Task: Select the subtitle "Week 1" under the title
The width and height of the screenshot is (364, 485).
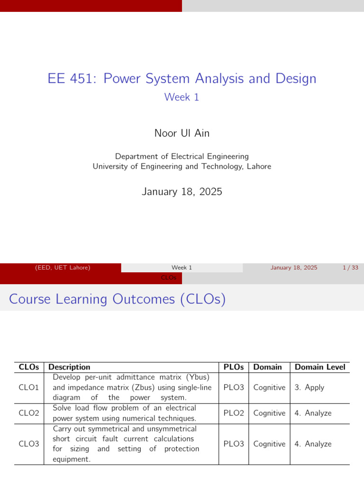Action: [x=182, y=97]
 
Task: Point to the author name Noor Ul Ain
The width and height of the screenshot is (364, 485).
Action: [x=182, y=133]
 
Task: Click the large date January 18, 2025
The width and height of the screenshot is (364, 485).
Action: [x=182, y=192]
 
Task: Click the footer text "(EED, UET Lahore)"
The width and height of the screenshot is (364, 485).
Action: [x=63, y=268]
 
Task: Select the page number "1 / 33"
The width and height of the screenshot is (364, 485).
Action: [x=350, y=268]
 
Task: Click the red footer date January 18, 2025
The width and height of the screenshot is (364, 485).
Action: [x=294, y=268]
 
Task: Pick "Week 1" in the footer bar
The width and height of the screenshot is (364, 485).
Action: [x=182, y=268]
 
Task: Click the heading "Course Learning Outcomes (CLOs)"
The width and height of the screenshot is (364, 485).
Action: [x=117, y=299]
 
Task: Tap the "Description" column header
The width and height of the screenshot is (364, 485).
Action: [x=70, y=367]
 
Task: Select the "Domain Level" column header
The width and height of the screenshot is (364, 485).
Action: [x=320, y=367]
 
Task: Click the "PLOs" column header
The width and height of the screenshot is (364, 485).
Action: [x=234, y=367]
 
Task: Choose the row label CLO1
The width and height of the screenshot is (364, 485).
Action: [x=28, y=387]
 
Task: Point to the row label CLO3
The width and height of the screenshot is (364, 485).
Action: [x=28, y=444]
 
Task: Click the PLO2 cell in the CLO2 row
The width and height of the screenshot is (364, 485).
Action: [x=234, y=413]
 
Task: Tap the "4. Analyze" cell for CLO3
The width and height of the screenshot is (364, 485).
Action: [x=313, y=444]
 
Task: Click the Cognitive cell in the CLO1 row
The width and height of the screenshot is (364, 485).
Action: [x=269, y=387]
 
